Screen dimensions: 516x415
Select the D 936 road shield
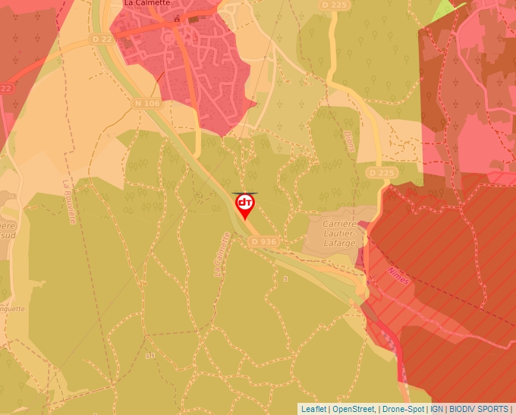pyautogui.click(x=262, y=241)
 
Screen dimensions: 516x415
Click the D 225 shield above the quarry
pyautogui.click(x=381, y=173)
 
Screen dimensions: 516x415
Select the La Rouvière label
pyautogui.click(x=69, y=202)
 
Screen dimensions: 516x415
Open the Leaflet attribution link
pyautogui.click(x=313, y=409)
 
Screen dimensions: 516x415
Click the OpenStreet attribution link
pyautogui.click(x=354, y=409)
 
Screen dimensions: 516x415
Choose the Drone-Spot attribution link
pyautogui.click(x=403, y=409)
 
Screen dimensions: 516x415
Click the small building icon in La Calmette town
pyautogui.click(x=177, y=18)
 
